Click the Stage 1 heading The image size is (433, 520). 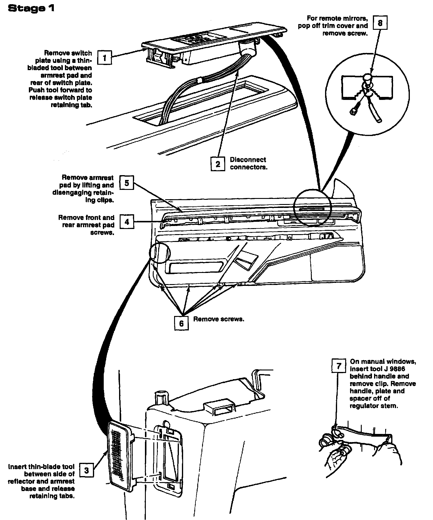click(31, 8)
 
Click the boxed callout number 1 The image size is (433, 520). click(104, 57)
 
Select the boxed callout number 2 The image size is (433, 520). click(218, 164)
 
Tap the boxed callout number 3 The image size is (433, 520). click(87, 470)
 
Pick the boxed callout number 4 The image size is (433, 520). click(127, 222)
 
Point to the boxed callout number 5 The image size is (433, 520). click(127, 183)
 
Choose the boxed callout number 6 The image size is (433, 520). click(181, 323)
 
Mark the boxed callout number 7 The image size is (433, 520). click(339, 366)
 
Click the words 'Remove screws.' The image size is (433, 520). click(219, 319)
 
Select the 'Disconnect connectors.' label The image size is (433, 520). click(248, 163)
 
